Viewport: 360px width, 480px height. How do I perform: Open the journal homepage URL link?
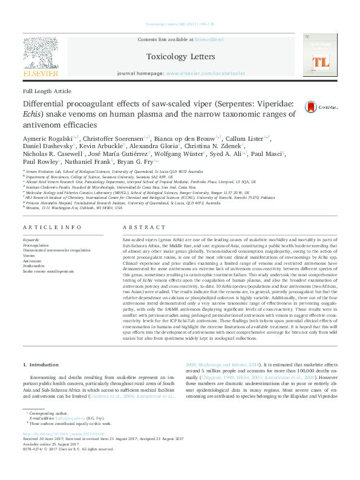205,73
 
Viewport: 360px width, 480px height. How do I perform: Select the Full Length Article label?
47,91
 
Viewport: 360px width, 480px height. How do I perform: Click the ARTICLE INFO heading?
51,227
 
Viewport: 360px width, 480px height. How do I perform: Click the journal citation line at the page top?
180,24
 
